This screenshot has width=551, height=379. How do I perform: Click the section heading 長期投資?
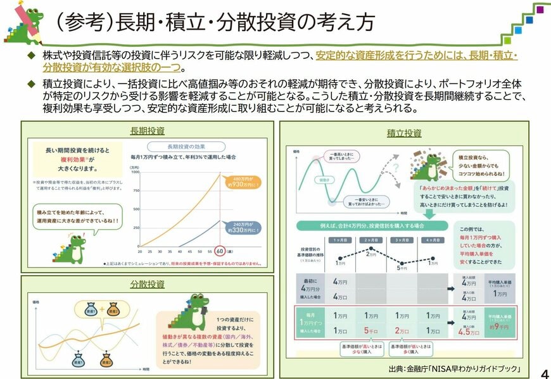[147, 131]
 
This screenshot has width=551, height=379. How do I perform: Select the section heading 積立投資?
[404, 133]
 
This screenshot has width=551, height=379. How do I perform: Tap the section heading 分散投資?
[147, 283]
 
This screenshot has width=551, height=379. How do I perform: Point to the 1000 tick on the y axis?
[135, 171]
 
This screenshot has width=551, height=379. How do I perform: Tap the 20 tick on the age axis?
[140, 250]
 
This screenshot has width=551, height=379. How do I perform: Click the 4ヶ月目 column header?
[433, 241]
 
